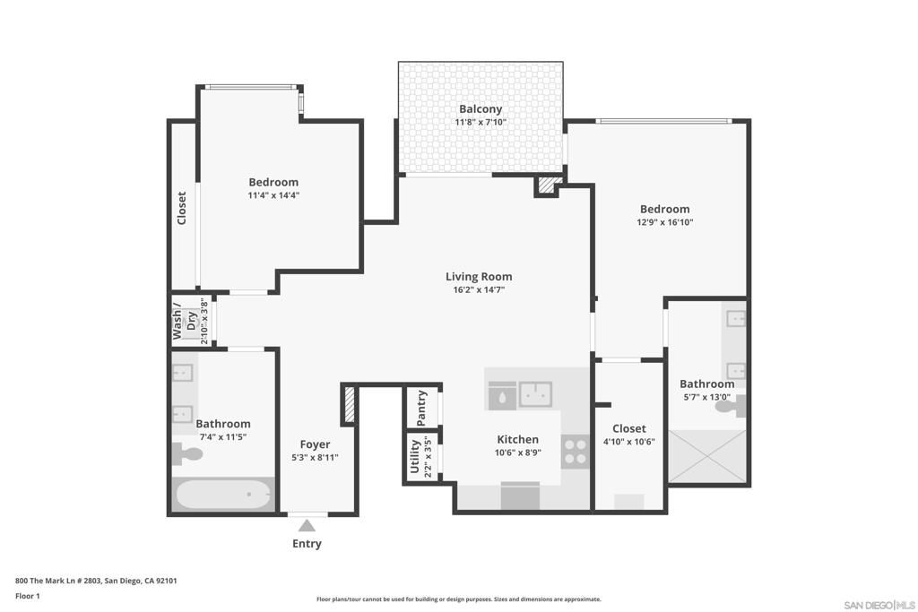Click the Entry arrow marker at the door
click(x=307, y=525)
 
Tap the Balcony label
click(x=481, y=109)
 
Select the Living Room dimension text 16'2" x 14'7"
click(x=479, y=289)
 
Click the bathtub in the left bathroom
click(x=223, y=495)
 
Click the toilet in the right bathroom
click(x=730, y=406)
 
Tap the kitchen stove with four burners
click(x=575, y=450)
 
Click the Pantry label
click(x=422, y=409)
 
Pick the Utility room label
click(x=415, y=456)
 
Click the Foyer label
click(x=315, y=444)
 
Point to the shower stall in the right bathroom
click(x=708, y=456)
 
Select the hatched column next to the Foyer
click(x=349, y=405)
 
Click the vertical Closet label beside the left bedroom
click(x=182, y=208)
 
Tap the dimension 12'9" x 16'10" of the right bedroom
click(x=664, y=222)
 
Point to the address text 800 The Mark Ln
click(x=96, y=581)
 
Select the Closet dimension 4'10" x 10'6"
click(x=628, y=442)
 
